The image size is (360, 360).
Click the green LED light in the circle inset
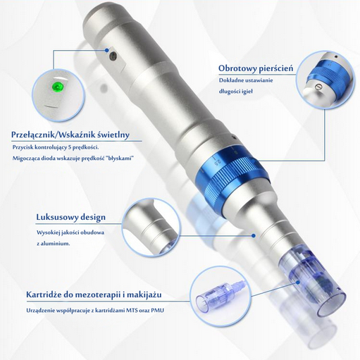click(x=58, y=86)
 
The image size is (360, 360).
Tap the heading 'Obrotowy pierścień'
click(x=256, y=68)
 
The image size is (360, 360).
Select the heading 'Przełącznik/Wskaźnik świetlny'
click(x=70, y=135)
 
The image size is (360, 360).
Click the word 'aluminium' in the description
click(x=56, y=244)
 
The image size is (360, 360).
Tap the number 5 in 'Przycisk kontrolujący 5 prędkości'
click(x=69, y=147)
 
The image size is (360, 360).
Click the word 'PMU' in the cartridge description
click(x=158, y=311)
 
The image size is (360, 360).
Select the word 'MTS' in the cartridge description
click(x=132, y=311)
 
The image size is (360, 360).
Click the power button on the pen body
click(x=113, y=56)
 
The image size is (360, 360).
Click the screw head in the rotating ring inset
click(x=318, y=87)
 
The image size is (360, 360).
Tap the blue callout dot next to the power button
click(x=107, y=50)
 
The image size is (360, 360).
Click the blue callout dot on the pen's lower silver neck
click(x=254, y=235)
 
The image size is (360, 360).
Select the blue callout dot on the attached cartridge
click(x=298, y=282)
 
